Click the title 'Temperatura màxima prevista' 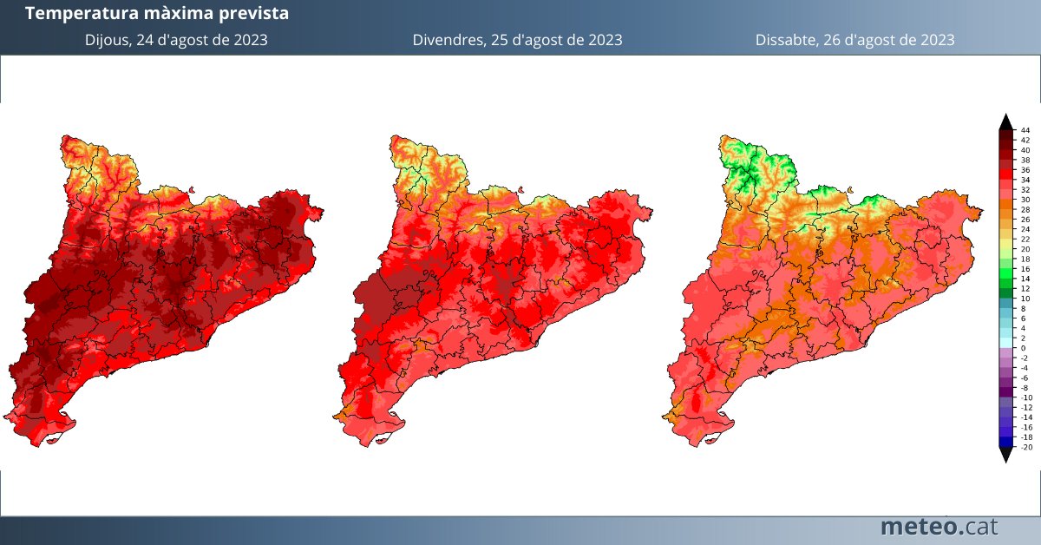point(157,14)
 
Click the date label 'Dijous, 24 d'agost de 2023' point(176,40)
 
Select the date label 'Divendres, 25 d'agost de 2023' point(517,40)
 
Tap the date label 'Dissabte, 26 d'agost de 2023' point(854,40)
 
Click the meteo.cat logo point(939,526)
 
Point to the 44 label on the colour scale point(1025,129)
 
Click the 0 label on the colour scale point(1024,348)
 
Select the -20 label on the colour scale point(1026,448)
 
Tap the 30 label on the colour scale point(1025,199)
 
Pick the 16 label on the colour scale point(1025,268)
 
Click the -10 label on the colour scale point(1026,397)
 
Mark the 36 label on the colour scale point(1025,169)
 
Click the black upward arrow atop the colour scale point(1005,121)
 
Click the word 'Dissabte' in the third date point(783,40)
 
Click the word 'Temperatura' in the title point(75,14)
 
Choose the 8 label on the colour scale point(1024,308)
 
